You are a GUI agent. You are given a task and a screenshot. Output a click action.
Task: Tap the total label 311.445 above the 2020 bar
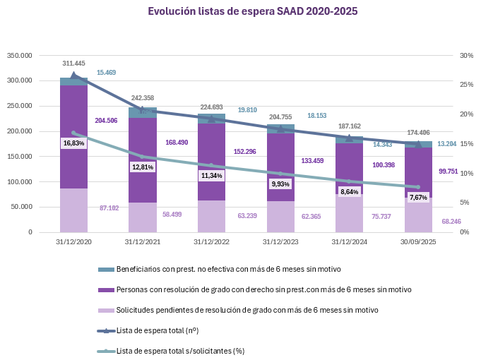(73, 64)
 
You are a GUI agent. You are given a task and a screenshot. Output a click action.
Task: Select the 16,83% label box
(73, 143)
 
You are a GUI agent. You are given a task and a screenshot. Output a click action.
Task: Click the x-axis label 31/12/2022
(211, 241)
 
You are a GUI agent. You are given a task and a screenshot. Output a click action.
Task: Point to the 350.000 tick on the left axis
(20, 55)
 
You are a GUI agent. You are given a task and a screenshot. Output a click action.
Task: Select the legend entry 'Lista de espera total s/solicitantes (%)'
(180, 351)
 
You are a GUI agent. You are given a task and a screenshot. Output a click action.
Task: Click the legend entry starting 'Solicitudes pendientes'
(247, 310)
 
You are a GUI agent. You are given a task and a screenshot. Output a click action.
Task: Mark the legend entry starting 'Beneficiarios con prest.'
(228, 270)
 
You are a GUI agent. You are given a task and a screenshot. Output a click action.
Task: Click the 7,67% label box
(418, 198)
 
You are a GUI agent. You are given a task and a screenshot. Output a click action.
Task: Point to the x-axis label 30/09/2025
(418, 241)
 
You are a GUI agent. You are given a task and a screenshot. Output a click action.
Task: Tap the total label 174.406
(418, 133)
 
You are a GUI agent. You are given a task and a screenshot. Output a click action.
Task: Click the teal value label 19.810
(247, 110)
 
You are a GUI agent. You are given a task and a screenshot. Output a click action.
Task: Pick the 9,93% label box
(280, 184)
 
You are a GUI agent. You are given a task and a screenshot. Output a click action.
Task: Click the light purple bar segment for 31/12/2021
(142, 217)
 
